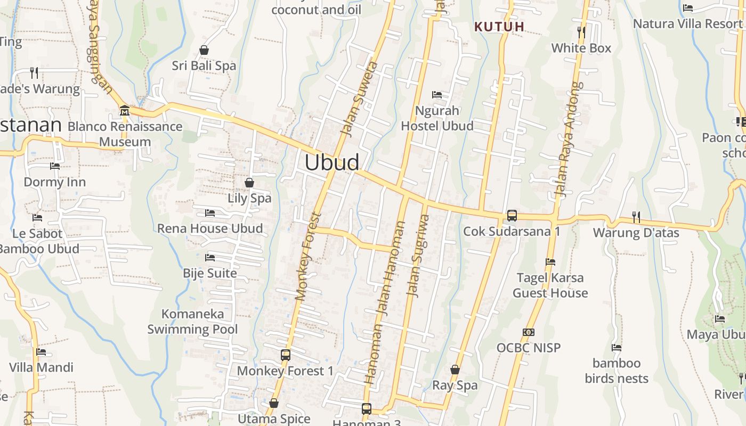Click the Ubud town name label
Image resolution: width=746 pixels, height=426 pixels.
[332, 162]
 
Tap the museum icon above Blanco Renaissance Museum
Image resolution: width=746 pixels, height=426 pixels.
[125, 110]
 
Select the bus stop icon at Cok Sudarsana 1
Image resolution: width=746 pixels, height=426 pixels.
[512, 216]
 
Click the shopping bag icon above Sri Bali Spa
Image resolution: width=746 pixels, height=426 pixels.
[204, 50]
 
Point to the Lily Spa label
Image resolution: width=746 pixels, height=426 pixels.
[249, 198]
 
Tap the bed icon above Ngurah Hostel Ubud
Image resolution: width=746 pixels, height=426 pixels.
[437, 95]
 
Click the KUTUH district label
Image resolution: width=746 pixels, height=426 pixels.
[499, 26]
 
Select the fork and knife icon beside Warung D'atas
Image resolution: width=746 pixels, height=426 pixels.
[636, 217]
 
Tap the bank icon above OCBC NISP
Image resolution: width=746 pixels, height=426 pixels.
[529, 332]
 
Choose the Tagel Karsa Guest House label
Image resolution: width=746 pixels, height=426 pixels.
[550, 285]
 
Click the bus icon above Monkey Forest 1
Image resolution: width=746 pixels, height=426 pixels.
[286, 355]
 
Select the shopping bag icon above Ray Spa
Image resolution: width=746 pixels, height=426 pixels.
[455, 370]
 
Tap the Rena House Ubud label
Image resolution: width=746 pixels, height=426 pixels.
[210, 228]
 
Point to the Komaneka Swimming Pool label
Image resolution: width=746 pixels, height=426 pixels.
[192, 322]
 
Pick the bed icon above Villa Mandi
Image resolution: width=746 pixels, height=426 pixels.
[41, 351]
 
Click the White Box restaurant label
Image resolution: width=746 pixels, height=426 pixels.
[581, 48]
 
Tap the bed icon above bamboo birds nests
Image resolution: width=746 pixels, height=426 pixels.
[617, 348]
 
